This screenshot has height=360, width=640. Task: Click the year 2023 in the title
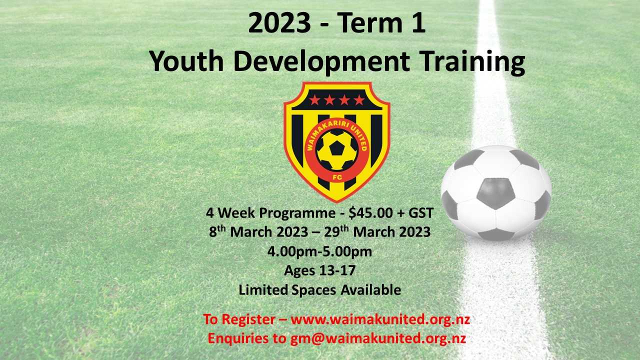(x=279, y=23)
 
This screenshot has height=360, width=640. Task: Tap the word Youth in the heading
(x=186, y=61)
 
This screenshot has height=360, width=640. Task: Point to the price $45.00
(x=370, y=213)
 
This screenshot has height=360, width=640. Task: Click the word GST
(x=421, y=213)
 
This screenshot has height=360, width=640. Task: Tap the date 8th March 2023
(x=258, y=231)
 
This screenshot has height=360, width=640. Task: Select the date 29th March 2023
(x=377, y=231)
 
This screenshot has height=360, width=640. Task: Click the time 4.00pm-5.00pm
(x=319, y=252)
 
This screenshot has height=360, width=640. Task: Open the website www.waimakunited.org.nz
(x=380, y=319)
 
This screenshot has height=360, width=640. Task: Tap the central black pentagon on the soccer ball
(x=495, y=193)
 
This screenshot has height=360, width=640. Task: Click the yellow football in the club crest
(x=337, y=150)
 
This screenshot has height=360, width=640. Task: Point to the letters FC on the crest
(x=337, y=177)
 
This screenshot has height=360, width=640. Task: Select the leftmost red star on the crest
(x=314, y=100)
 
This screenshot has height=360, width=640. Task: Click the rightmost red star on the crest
(x=359, y=100)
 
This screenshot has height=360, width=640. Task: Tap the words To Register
(x=239, y=319)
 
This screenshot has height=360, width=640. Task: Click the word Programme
(x=297, y=213)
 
